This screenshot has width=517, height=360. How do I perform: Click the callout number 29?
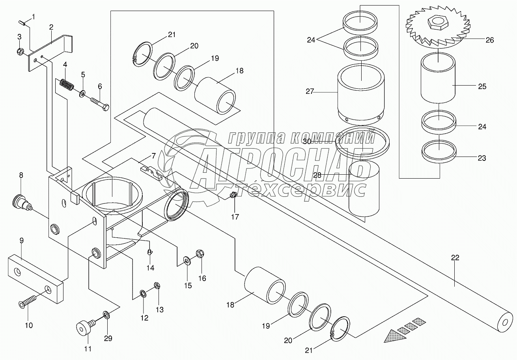point(108,338)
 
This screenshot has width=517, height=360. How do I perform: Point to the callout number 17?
point(235,216)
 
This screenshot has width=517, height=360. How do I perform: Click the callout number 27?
point(309,91)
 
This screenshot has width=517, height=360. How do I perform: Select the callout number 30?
point(307,141)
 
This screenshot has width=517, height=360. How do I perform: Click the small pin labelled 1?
point(24,23)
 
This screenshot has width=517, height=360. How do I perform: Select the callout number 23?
point(482,158)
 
